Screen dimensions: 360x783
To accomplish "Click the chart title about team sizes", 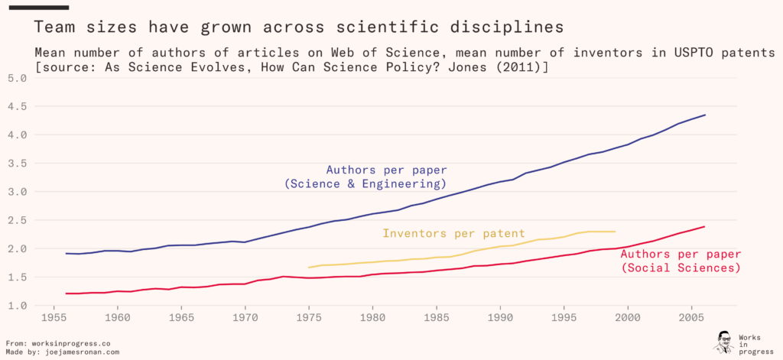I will pos(299,28).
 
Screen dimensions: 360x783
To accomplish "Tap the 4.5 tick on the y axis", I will pos(17,106).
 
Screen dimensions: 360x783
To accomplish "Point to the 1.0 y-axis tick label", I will pos(17,306).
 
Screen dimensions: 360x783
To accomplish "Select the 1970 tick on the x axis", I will pos(245,317).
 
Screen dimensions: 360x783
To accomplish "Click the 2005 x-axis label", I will pos(692,317).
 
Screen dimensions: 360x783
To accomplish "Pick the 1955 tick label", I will pos(54,317).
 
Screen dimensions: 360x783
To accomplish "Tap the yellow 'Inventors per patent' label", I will pos(453,234).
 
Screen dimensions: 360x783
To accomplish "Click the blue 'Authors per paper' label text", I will pos(386,170).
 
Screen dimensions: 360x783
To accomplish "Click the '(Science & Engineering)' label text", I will pos(365,184).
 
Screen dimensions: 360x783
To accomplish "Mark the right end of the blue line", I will pos(705,115).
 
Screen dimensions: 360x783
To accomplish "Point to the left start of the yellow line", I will pos(309,268).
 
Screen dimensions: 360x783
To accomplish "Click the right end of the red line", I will pos(705,226).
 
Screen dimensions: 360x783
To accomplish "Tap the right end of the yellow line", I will pos(615,231).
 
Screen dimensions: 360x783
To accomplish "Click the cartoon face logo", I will pos(723,342).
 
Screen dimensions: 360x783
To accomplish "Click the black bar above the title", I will pos(38,7).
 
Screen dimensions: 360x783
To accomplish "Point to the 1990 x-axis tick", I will pos(500,317).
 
